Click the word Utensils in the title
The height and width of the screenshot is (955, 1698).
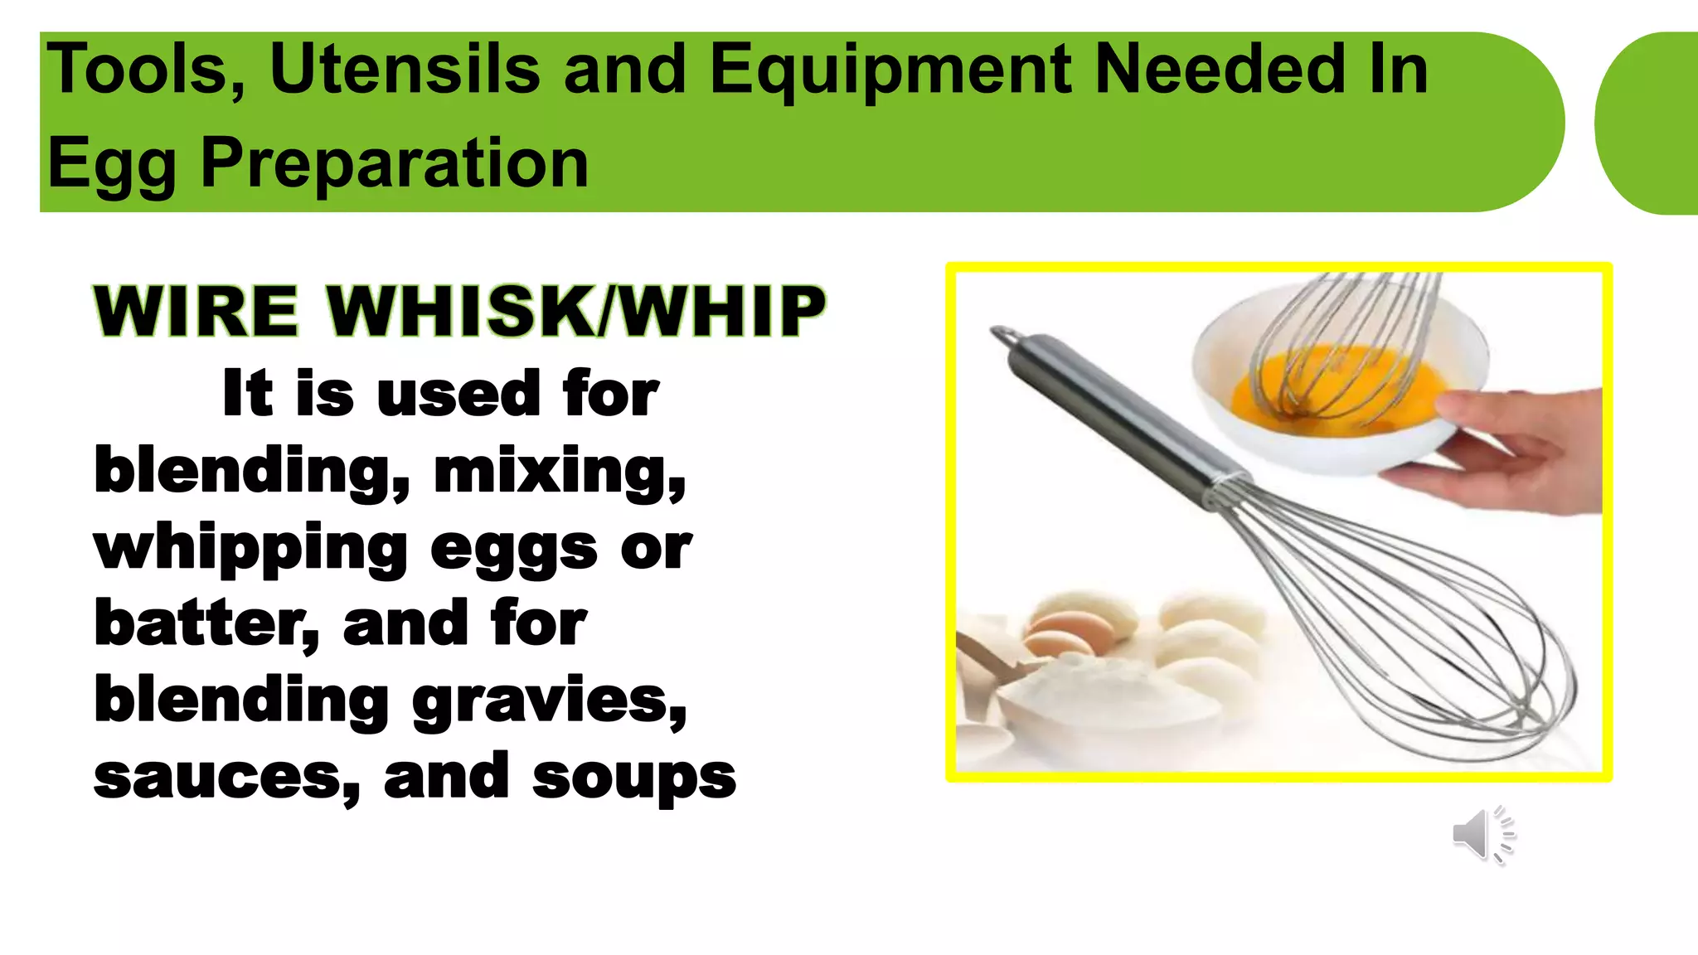pos(405,70)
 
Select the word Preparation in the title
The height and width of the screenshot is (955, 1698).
pos(395,162)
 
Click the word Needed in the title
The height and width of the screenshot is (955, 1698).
pos(1220,70)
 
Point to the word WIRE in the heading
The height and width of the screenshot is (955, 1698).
pos(196,312)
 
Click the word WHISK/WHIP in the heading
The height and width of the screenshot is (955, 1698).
pos(576,312)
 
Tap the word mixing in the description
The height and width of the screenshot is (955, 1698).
pos(560,470)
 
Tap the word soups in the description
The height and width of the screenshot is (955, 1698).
pos(633,778)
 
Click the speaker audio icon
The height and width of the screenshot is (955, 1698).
pos(1482,834)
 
